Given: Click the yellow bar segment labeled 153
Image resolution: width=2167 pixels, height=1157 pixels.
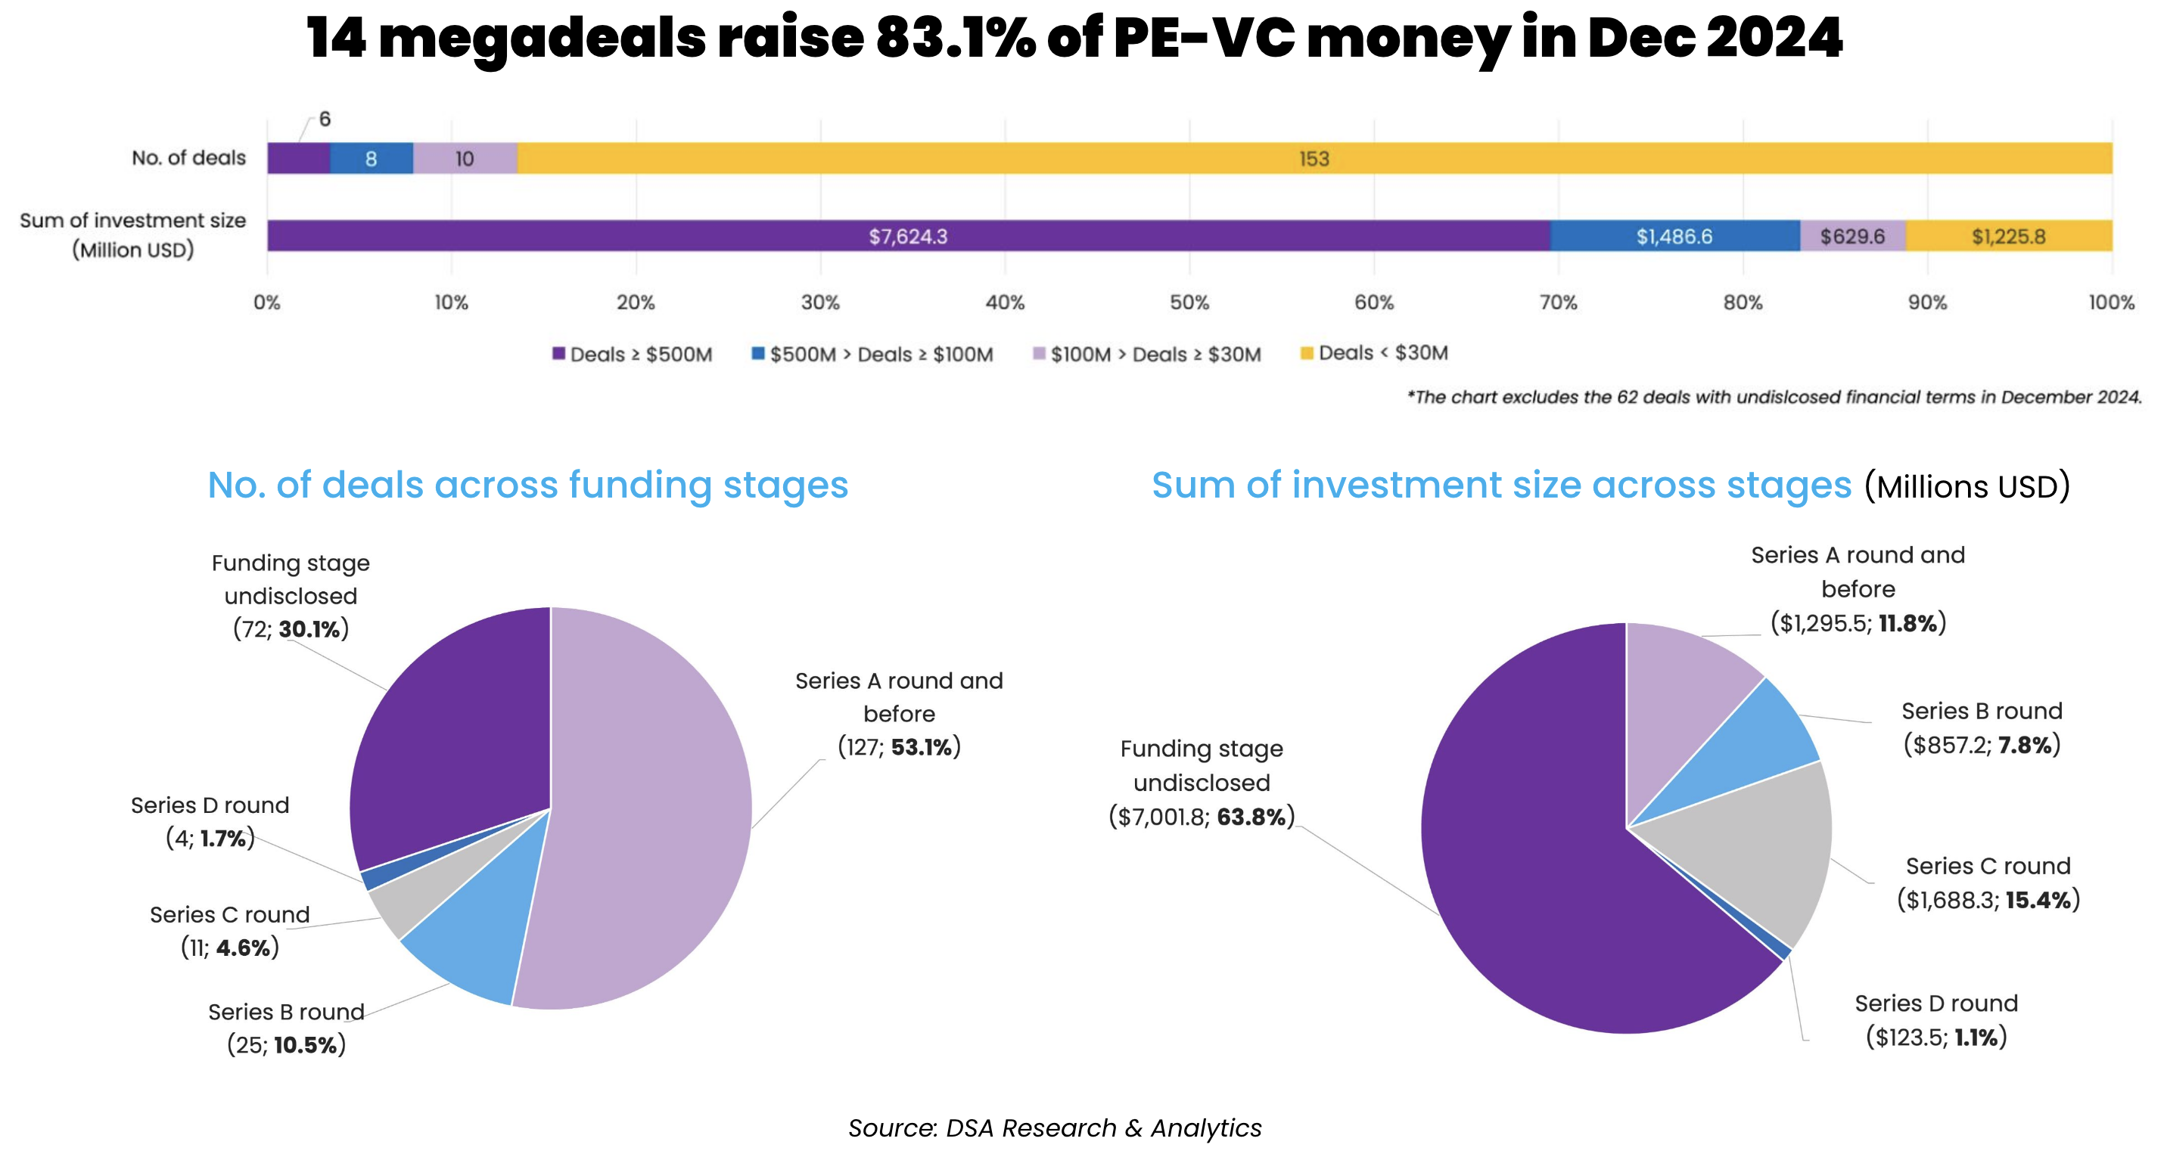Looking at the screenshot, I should click(1314, 159).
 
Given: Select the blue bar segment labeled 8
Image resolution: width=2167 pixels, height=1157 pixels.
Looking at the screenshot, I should click(371, 159).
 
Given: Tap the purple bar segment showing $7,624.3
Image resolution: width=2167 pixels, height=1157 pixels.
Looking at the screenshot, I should click(908, 236).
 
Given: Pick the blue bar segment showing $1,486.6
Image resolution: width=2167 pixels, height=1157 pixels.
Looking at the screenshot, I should click(1674, 236).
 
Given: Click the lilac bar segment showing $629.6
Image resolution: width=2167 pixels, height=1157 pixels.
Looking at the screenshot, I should click(1852, 236).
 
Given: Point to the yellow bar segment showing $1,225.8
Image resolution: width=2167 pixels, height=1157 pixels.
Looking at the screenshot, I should click(2008, 236).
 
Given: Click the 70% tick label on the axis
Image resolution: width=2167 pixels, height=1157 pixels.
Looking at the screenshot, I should click(1558, 302).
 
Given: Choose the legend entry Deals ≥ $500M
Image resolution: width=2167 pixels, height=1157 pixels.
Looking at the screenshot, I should click(632, 354).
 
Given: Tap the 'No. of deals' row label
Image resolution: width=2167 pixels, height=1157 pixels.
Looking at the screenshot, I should click(188, 158).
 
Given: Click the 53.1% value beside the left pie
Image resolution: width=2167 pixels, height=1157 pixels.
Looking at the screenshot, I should click(923, 746).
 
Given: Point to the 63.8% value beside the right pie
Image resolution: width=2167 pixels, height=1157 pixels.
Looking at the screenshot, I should click(1251, 817).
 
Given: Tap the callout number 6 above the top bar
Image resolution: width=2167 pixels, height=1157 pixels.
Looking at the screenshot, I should click(325, 119).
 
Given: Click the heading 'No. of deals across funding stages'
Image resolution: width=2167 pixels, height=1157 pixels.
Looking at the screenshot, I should click(527, 485).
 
